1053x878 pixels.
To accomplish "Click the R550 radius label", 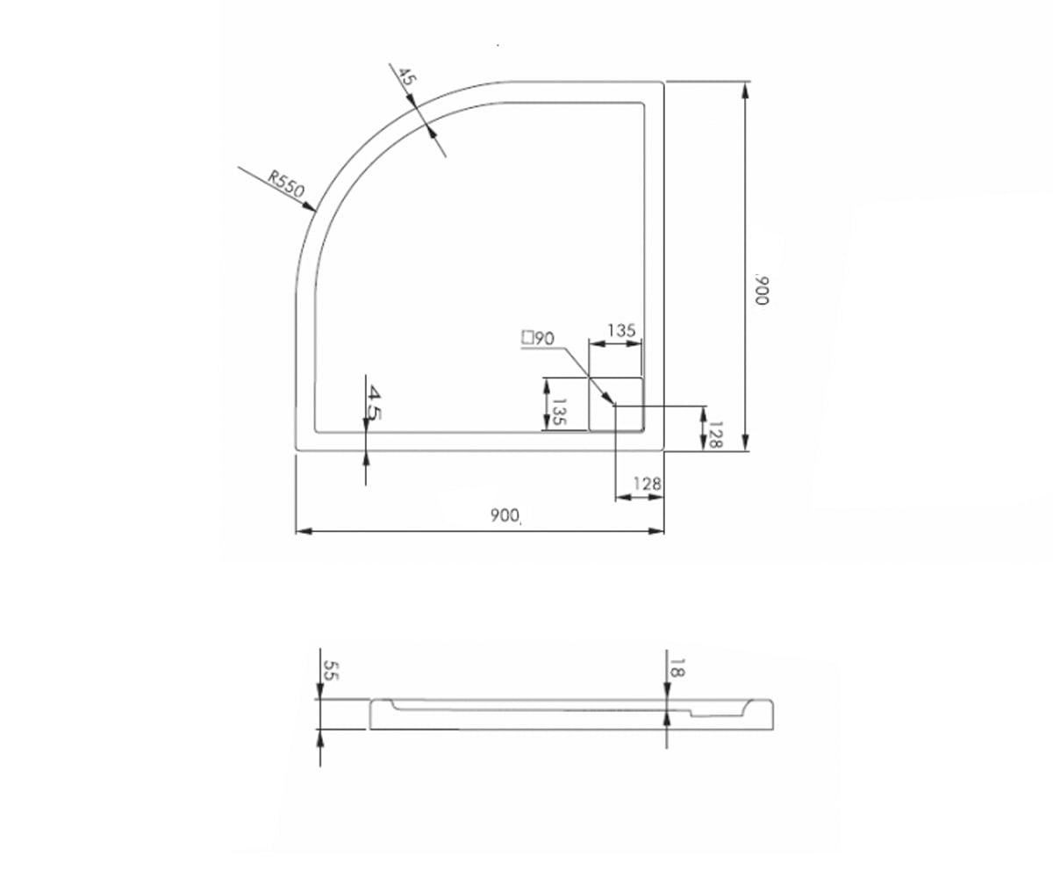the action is (x=286, y=184).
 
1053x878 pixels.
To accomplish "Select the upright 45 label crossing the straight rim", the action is (x=374, y=402).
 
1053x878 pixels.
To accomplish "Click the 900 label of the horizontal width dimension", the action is (x=505, y=515).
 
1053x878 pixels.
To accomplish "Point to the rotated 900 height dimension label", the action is (x=762, y=290).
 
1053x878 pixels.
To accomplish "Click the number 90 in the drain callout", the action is (x=544, y=339).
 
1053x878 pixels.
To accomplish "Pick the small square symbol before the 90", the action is (x=527, y=337).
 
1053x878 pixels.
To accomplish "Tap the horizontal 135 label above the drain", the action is (x=621, y=330).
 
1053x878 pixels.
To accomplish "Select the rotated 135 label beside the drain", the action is (x=559, y=412).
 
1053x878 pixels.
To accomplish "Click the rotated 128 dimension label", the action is (x=716, y=435).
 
